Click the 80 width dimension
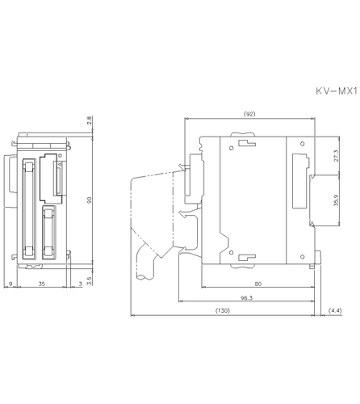click(257, 284)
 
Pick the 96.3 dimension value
click(247, 297)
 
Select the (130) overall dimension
click(224, 311)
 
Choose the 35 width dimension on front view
click(40, 284)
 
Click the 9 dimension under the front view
click(10, 284)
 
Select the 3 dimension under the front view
click(79, 284)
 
